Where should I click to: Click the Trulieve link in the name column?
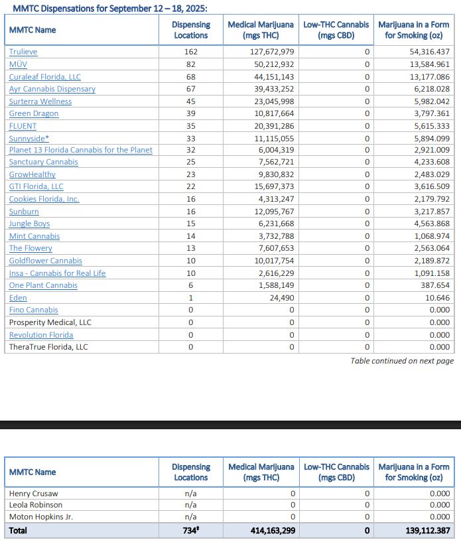pos(23,52)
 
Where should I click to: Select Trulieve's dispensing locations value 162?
pos(191,52)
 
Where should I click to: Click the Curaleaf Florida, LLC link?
pos(44,77)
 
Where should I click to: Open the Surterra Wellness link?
pos(40,102)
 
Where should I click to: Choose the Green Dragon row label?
pos(33,113)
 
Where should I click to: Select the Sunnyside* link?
pos(28,138)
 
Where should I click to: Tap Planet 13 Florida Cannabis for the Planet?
pos(80,150)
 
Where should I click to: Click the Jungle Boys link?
pos(29,224)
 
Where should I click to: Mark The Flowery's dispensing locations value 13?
pos(191,248)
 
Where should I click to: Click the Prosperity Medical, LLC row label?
pos(50,322)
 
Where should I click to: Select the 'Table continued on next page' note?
pos(402,361)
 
